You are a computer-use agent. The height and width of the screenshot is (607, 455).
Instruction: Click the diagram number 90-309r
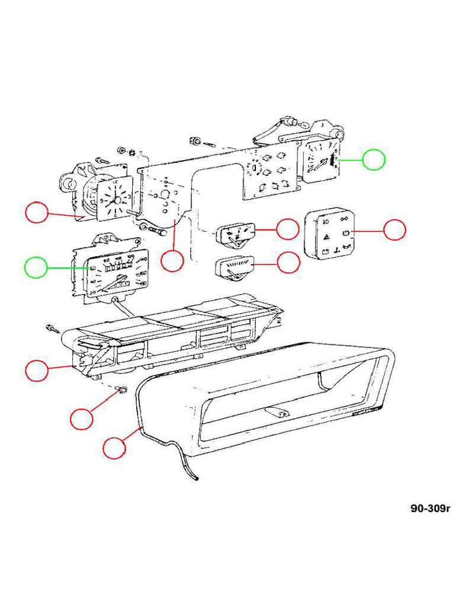[x=431, y=508]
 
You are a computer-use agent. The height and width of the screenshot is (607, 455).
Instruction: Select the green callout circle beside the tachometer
[x=374, y=159]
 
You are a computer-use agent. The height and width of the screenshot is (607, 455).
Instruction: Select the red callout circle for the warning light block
[x=395, y=231]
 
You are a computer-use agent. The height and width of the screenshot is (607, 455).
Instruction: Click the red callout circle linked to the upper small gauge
[x=288, y=229]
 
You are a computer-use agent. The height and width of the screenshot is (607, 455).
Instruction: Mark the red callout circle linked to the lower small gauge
[x=289, y=263]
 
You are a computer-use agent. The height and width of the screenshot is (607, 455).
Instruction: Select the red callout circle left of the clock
[x=37, y=212]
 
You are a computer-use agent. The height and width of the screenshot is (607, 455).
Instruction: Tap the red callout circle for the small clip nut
[x=81, y=418]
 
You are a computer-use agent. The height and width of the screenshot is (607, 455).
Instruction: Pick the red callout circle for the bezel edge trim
[x=114, y=448]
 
